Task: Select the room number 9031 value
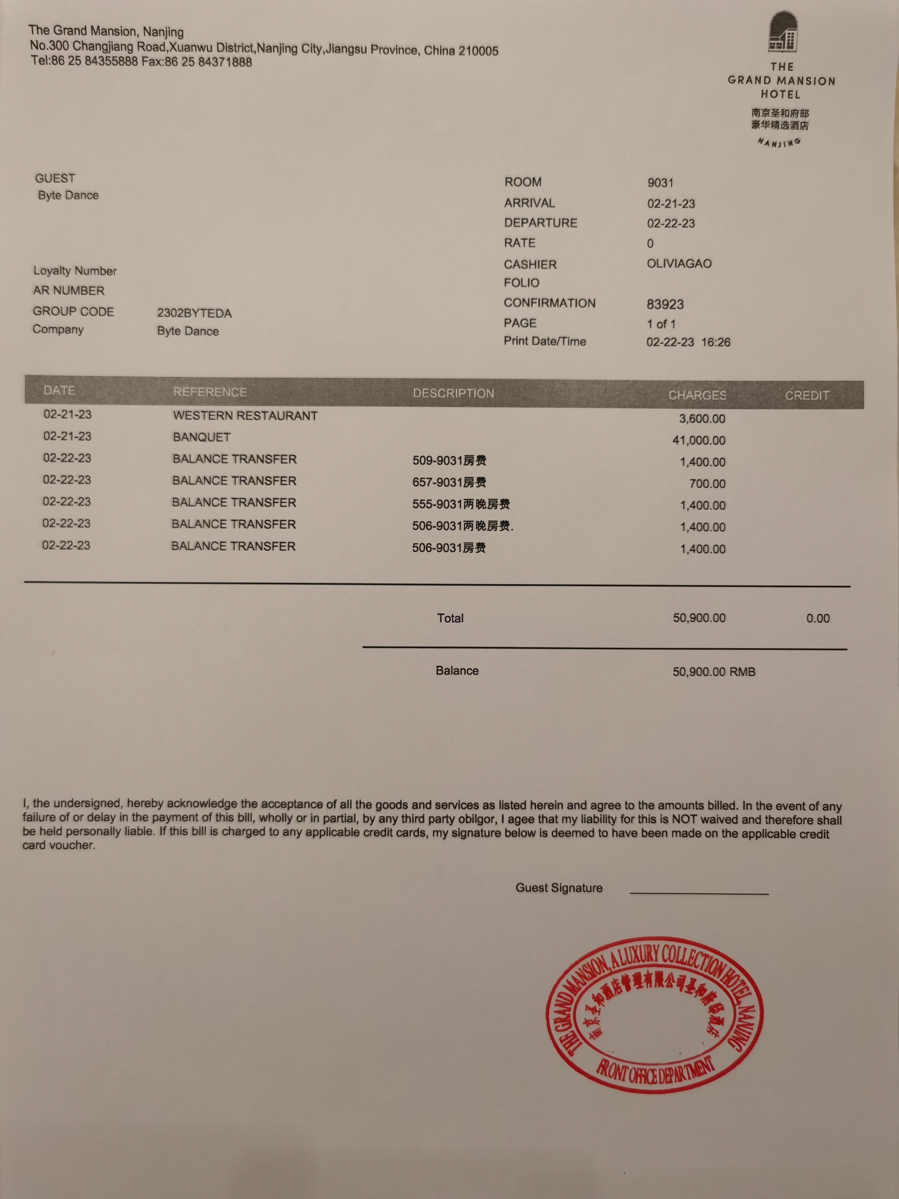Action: coord(660,183)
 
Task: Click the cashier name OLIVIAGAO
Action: coord(679,264)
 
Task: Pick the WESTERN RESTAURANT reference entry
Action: coord(245,416)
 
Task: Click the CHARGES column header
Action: coord(697,395)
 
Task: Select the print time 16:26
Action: coord(716,342)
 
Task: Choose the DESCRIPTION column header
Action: coord(453,393)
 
